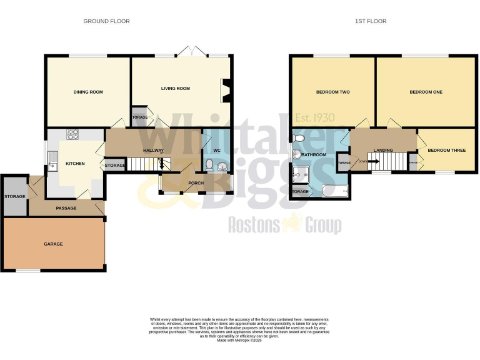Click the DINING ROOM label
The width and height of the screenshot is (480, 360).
[88, 92]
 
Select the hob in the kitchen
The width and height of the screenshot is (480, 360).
[72, 133]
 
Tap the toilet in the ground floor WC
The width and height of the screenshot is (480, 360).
[209, 165]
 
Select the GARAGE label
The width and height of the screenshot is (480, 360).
[53, 244]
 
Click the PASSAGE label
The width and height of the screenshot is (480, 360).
[66, 208]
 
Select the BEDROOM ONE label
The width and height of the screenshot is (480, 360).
[426, 92]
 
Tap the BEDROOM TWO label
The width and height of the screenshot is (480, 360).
[332, 92]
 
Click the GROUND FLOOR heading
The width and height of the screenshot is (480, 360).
[106, 21]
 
